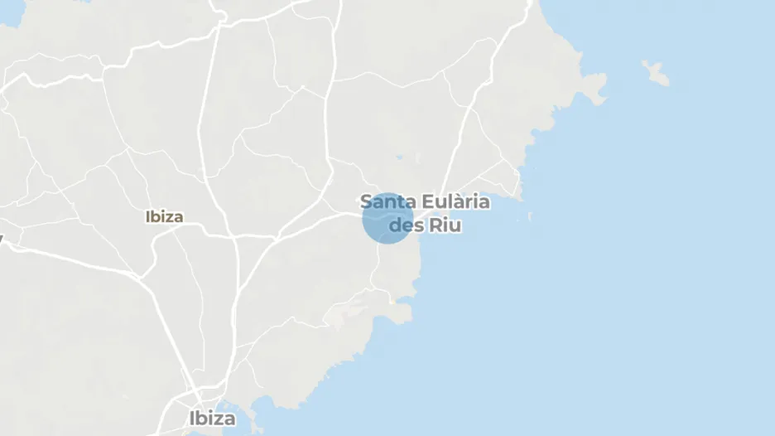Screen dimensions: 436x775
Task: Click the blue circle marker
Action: pos(387,218)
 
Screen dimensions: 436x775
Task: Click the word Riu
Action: pos(446,225)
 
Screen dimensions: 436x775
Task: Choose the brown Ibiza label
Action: pos(164,217)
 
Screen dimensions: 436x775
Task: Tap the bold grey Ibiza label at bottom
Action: pos(211,417)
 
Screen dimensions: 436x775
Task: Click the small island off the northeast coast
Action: pos(657,73)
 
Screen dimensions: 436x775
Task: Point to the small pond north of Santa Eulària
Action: pos(398,157)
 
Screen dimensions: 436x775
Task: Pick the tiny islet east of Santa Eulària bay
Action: pos(530,216)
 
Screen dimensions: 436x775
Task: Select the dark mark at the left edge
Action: pos(2,239)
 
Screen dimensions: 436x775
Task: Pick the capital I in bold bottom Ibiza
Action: pos(192,417)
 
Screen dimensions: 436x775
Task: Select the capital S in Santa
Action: pos(366,201)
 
